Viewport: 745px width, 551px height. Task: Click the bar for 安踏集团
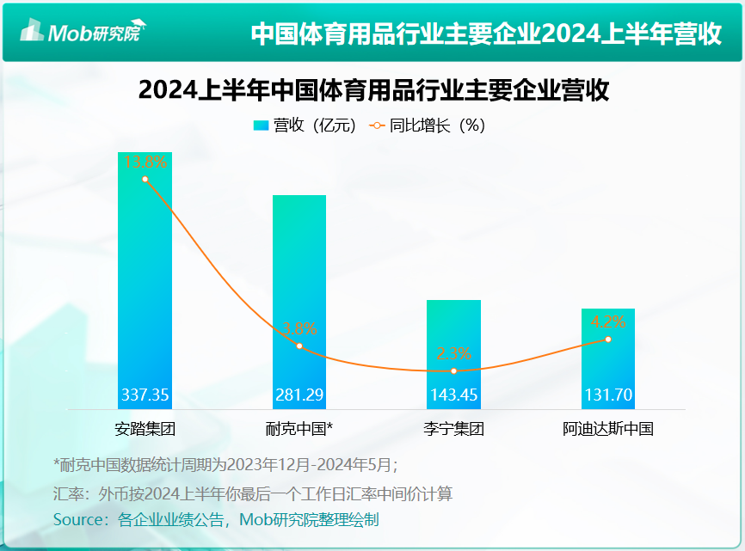tap(145, 275)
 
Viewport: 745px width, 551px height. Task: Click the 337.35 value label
tap(145, 395)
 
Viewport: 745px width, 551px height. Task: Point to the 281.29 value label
tap(299, 395)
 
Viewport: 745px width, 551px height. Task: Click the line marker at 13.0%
tap(145, 179)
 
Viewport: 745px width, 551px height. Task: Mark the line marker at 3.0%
tap(299, 346)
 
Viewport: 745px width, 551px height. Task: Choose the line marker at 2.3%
tap(453, 370)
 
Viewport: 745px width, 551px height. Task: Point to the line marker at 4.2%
tap(608, 339)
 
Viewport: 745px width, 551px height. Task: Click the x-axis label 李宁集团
tap(453, 428)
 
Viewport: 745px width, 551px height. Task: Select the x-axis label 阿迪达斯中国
tap(608, 428)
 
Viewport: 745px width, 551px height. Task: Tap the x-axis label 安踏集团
tap(145, 428)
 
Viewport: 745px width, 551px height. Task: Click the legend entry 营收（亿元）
tap(305, 126)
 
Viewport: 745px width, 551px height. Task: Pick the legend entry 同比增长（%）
tap(428, 126)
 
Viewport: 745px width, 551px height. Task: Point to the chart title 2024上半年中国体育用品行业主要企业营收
tap(373, 90)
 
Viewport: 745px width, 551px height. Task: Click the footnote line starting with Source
tap(216, 519)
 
